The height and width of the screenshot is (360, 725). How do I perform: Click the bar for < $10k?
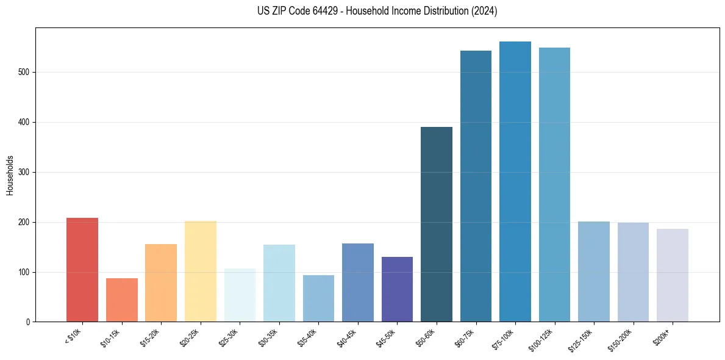click(82, 270)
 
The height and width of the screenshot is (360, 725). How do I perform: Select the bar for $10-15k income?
click(122, 300)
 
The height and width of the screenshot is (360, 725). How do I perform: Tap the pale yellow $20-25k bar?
click(201, 272)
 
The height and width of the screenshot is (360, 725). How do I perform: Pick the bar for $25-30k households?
click(240, 295)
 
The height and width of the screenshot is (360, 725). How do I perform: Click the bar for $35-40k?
click(318, 298)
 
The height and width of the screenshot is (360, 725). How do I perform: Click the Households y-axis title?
click(10, 175)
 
